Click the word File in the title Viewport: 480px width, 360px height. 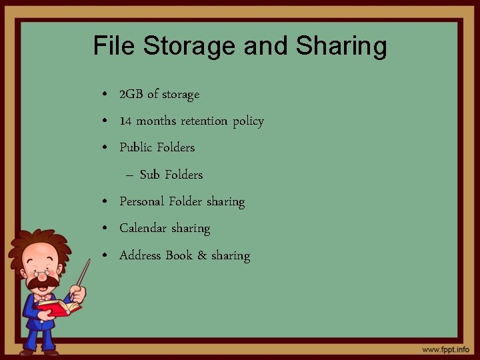click(x=112, y=46)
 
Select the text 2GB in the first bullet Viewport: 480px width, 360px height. click(x=131, y=95)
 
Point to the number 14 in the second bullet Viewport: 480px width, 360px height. click(x=125, y=121)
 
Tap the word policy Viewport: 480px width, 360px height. click(x=249, y=122)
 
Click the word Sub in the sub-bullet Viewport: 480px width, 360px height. click(x=150, y=175)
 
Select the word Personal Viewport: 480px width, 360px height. click(x=142, y=201)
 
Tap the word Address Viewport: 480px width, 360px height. click(x=140, y=255)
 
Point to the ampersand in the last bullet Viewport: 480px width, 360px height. click(x=202, y=255)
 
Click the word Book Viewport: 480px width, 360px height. click(x=179, y=255)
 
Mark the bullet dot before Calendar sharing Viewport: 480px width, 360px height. click(x=107, y=229)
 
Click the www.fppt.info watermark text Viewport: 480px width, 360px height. click(x=445, y=349)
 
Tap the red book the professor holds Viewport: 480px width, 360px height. click(x=59, y=308)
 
